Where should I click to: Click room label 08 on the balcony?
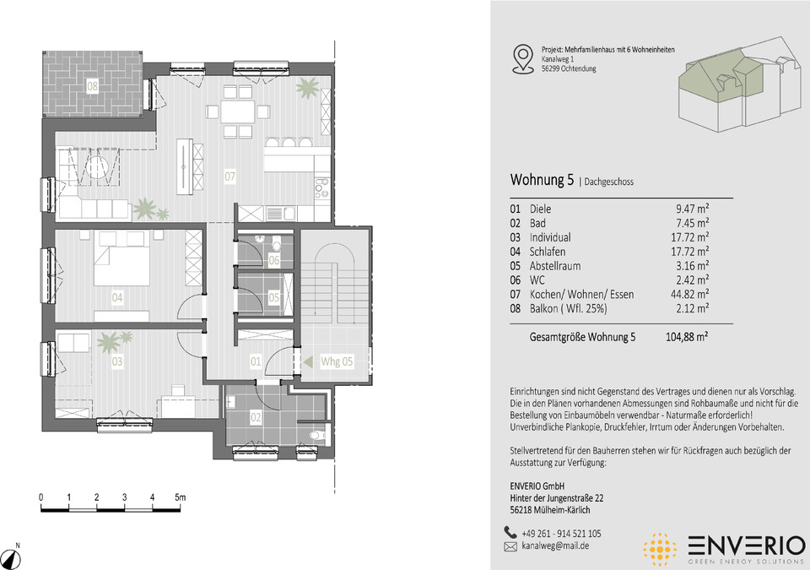(x=92, y=86)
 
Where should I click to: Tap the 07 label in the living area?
(x=229, y=176)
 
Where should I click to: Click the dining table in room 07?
(x=238, y=111)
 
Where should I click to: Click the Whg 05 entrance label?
(x=337, y=361)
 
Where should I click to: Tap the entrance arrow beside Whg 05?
(x=308, y=361)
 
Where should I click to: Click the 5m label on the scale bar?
(x=180, y=497)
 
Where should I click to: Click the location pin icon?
(x=523, y=58)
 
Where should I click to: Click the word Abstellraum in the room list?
(x=555, y=266)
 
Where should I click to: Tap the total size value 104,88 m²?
(x=687, y=337)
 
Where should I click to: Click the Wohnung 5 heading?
(x=542, y=180)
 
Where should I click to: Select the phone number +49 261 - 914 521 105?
(x=561, y=534)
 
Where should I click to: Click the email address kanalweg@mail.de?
(x=555, y=546)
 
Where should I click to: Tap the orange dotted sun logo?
(x=660, y=549)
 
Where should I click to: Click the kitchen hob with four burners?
(x=321, y=188)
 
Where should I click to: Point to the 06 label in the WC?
(x=273, y=259)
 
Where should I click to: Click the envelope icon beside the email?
(x=510, y=546)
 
